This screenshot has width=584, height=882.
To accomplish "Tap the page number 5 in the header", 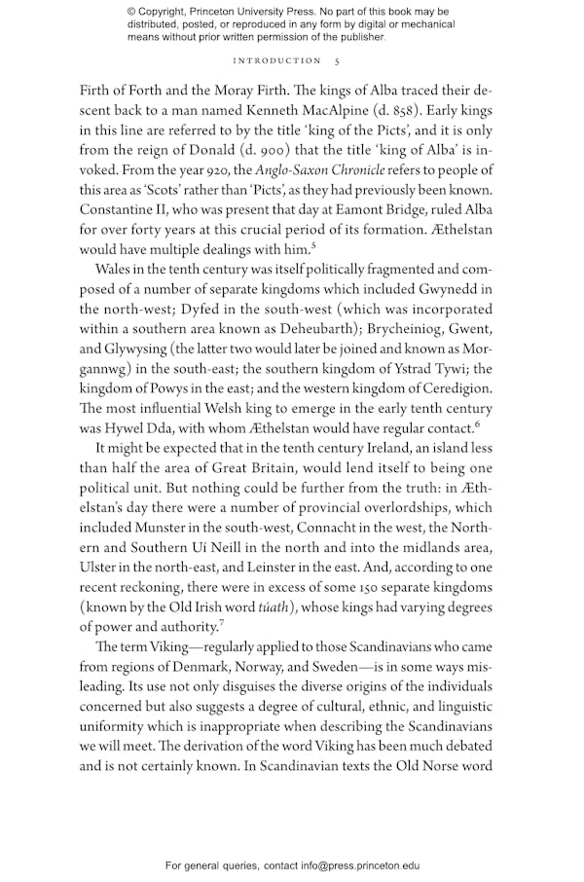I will point(337,60).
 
